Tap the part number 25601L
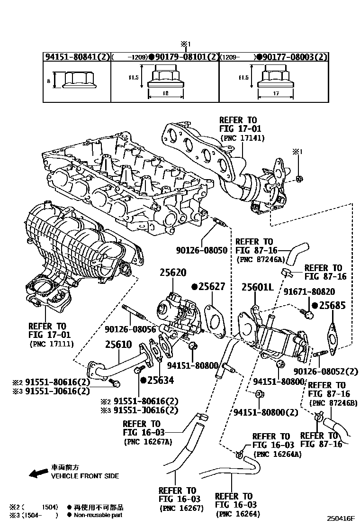coord(258,287)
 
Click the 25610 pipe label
coord(118,345)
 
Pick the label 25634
coord(160,380)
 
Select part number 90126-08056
coord(130,328)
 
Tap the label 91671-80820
coord(317,292)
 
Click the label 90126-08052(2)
coord(326,371)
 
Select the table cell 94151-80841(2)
coord(77,57)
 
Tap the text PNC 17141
coord(243,138)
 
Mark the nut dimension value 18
coord(165,94)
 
